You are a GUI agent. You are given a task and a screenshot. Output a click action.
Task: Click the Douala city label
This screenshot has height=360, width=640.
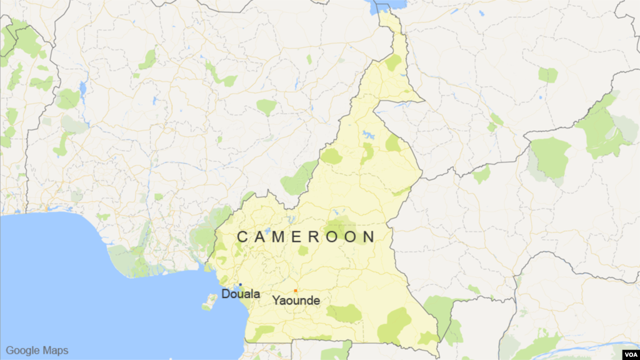pyautogui.click(x=241, y=294)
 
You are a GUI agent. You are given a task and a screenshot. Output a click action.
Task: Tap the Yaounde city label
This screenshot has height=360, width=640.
pyautogui.click(x=296, y=301)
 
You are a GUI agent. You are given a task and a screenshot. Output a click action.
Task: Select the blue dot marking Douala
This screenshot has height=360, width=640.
pyautogui.click(x=240, y=285)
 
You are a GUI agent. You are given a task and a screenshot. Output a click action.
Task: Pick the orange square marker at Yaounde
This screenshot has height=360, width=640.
pyautogui.click(x=296, y=291)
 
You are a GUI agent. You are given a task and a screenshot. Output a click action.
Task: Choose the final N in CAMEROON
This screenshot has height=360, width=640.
pyautogui.click(x=370, y=237)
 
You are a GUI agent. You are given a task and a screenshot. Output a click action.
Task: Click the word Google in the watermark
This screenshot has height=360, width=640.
pyautogui.click(x=22, y=351)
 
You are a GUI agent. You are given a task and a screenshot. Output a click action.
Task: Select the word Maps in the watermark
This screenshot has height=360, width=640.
pyautogui.click(x=56, y=351)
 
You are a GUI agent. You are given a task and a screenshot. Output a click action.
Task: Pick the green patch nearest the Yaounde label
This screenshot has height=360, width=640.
pyautogui.click(x=344, y=313)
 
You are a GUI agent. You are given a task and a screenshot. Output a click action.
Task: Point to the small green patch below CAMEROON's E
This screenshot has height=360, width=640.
pyautogui.click(x=303, y=251)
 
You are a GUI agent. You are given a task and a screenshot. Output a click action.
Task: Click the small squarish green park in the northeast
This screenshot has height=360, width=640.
pyautogui.click(x=547, y=75)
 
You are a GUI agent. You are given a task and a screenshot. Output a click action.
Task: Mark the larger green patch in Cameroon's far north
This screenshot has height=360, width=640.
pyautogui.click(x=393, y=62)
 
